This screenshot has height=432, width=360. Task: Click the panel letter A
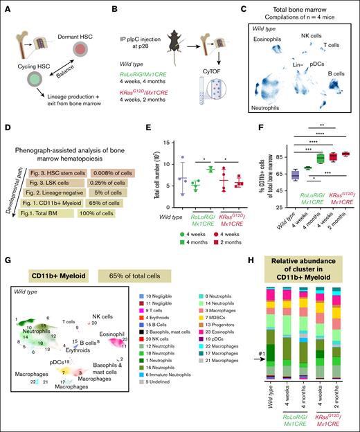(x=6, y=6)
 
